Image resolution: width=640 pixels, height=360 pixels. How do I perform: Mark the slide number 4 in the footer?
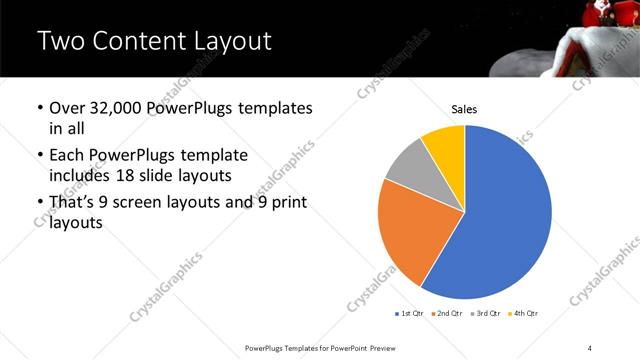click(x=590, y=347)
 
